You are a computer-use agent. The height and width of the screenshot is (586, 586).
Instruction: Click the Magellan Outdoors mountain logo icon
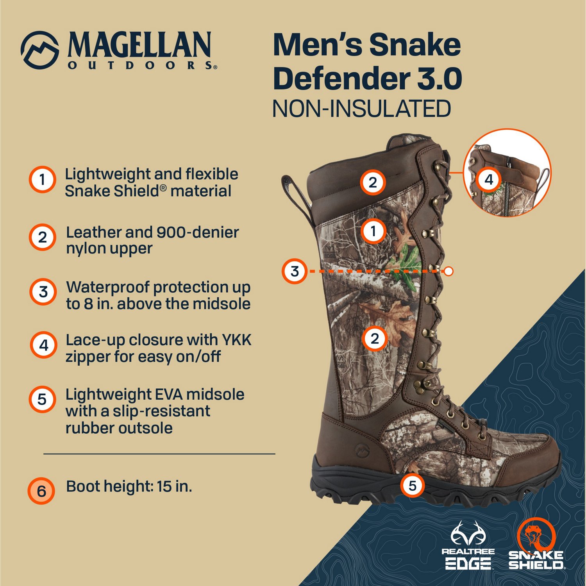(x=40, y=50)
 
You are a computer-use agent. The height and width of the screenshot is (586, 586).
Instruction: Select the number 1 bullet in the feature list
(x=43, y=180)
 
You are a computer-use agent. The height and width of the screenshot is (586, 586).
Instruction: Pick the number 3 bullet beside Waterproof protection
(x=43, y=292)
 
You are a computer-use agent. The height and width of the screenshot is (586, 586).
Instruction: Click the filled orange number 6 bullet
(x=41, y=491)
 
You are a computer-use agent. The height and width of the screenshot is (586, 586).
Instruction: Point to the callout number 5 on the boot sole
(x=413, y=486)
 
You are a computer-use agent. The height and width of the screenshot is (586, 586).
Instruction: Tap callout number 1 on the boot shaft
(x=373, y=231)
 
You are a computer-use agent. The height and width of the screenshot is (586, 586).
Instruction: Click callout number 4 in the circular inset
(x=489, y=180)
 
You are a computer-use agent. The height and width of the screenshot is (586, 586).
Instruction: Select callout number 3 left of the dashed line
(x=295, y=271)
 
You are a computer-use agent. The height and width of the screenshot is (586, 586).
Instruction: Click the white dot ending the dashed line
(x=449, y=271)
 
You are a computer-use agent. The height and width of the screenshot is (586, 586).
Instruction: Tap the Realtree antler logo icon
(x=468, y=533)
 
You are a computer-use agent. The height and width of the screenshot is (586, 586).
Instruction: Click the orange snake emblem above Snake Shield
(x=536, y=534)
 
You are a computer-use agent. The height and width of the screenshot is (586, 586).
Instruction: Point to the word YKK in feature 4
(x=237, y=340)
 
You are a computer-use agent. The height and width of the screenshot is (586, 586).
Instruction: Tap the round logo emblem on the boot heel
(x=361, y=450)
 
